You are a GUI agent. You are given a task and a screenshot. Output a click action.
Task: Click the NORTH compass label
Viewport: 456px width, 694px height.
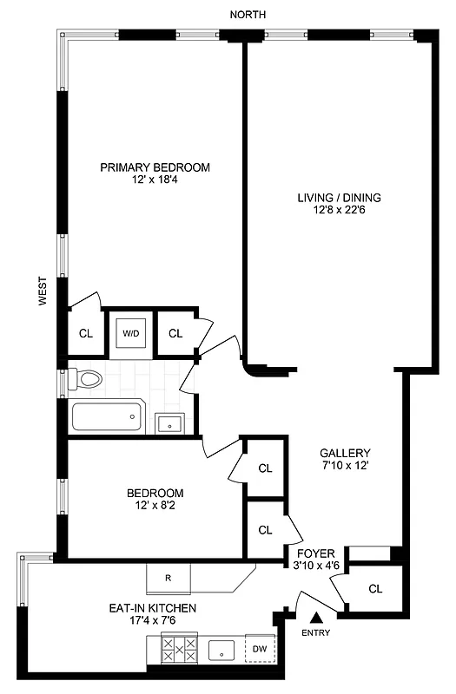point(248,15)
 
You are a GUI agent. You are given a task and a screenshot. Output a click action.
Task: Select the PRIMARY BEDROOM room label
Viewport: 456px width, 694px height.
point(155,167)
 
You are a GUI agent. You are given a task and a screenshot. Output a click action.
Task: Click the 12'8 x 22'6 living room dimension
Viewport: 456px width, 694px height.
point(339,210)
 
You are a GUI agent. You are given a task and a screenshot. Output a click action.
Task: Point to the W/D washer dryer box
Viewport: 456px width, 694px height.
point(130,332)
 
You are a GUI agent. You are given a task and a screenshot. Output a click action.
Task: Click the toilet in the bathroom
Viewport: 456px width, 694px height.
point(87,379)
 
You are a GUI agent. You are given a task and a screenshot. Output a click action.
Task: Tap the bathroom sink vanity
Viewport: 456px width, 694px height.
point(169,423)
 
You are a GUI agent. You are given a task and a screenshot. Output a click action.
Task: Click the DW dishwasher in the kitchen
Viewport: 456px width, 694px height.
point(259,648)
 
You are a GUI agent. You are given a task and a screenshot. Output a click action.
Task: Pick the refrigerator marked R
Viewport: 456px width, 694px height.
point(169,576)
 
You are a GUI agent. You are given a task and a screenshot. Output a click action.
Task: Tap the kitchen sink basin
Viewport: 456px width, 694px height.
point(224,648)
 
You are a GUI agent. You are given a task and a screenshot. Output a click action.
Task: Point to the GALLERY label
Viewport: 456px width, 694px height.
point(345,453)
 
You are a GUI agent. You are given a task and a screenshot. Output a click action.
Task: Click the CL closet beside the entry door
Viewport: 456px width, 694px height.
point(375,589)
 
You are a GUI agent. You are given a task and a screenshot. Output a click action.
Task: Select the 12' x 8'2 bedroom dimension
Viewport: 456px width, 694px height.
point(153,507)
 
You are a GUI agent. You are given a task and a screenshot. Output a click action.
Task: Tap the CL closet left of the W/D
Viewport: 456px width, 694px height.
point(86,333)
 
